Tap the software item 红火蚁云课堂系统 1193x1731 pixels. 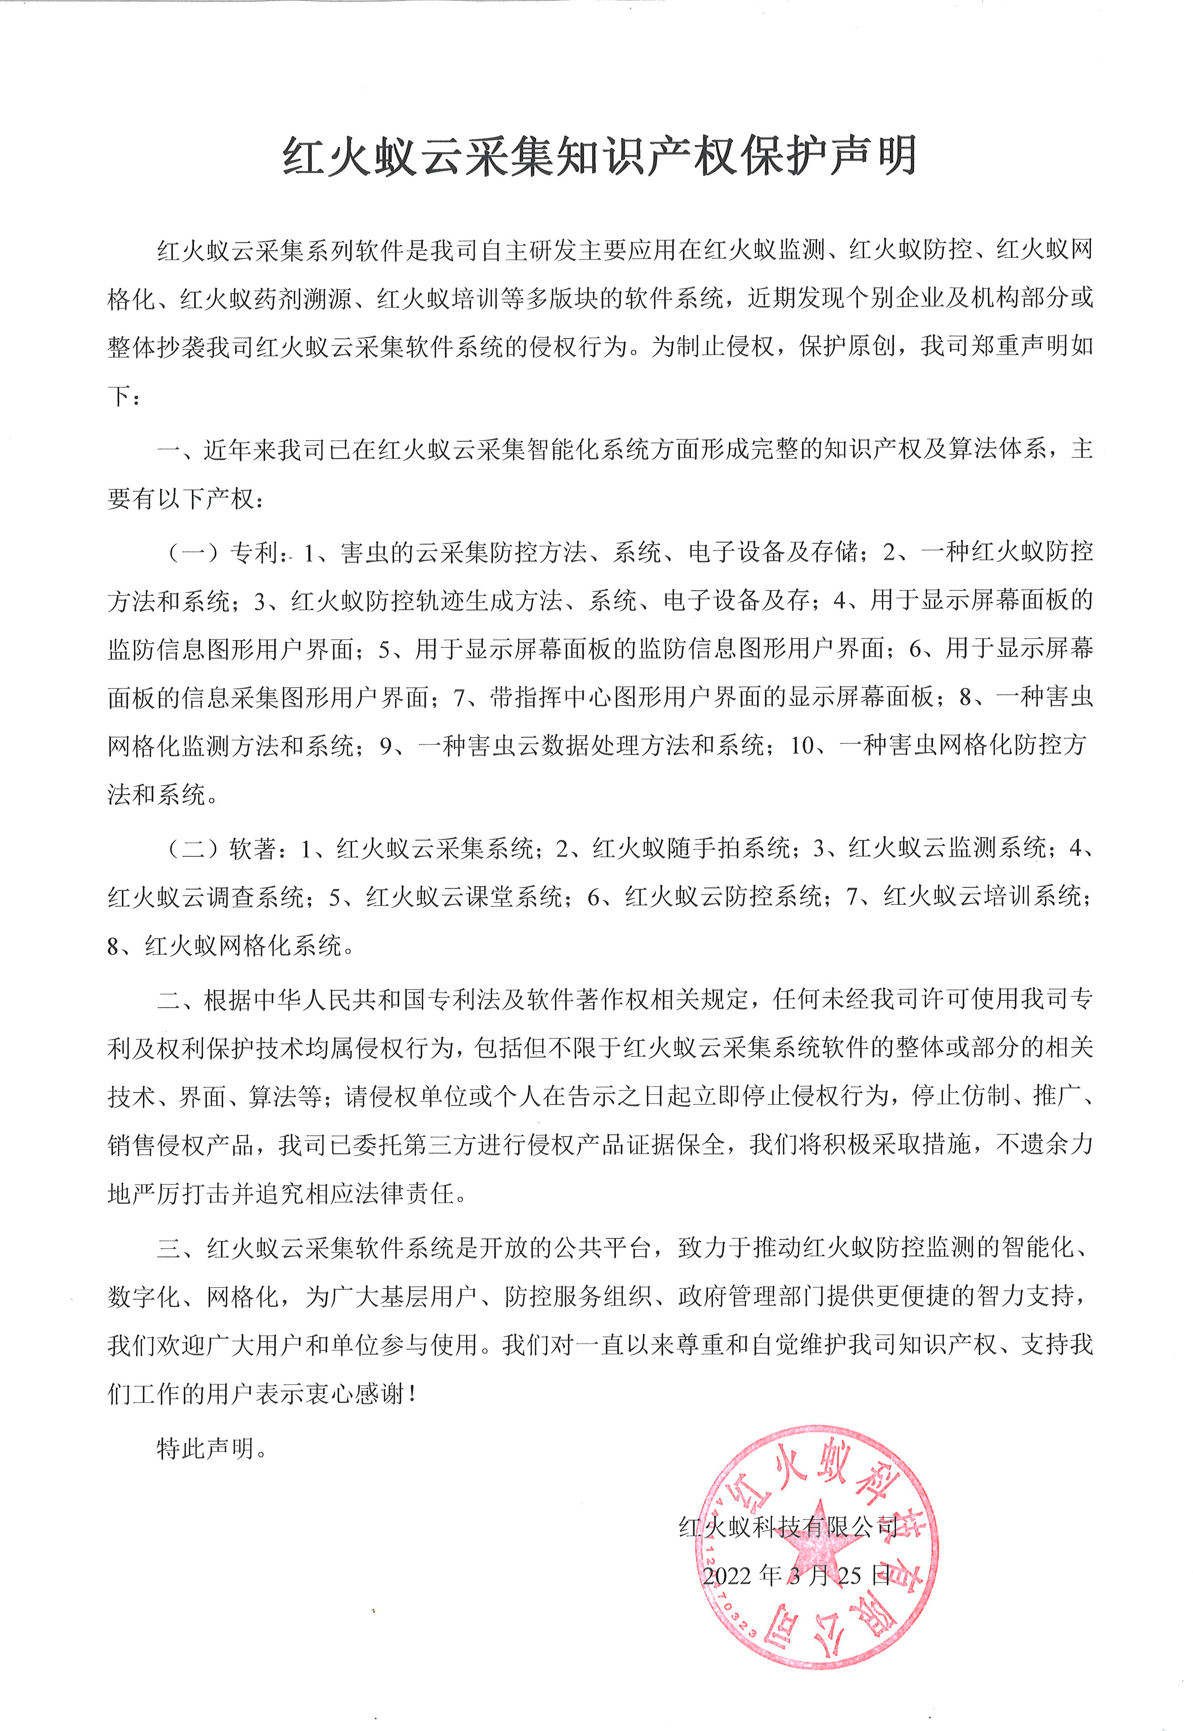(464, 896)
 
